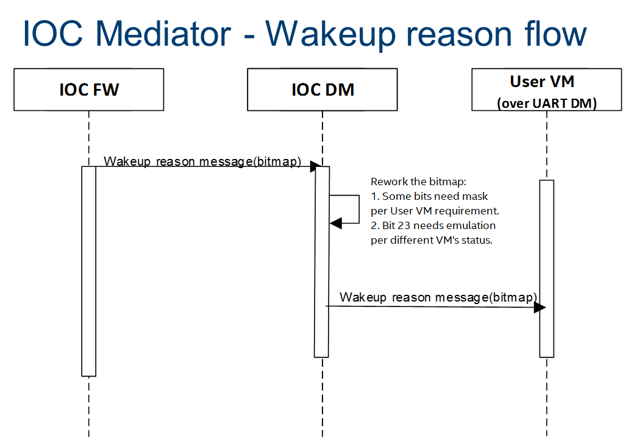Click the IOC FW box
(88, 90)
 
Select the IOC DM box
(322, 90)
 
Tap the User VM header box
(547, 90)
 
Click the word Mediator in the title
(163, 34)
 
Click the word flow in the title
(555, 34)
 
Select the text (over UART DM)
(547, 103)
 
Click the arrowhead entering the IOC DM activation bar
(316, 166)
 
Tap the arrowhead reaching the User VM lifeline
(539, 307)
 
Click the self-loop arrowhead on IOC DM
(336, 223)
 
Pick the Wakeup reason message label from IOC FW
(202, 161)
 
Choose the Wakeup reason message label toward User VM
(438, 297)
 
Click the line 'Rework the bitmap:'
(418, 182)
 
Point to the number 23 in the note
(404, 225)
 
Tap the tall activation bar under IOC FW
(88, 271)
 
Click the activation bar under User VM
(547, 269)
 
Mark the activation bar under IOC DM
(322, 262)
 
